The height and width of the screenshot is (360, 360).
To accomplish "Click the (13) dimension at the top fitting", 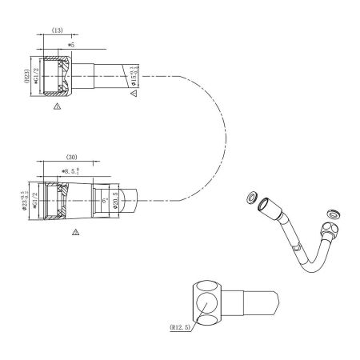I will [58, 30].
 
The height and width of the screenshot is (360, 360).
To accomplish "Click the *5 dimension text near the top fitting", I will [70, 44].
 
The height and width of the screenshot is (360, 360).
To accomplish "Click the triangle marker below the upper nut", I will [56, 105].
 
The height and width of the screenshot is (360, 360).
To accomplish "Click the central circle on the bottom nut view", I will [207, 304].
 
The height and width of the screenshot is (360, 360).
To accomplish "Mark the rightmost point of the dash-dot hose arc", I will [220, 137].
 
